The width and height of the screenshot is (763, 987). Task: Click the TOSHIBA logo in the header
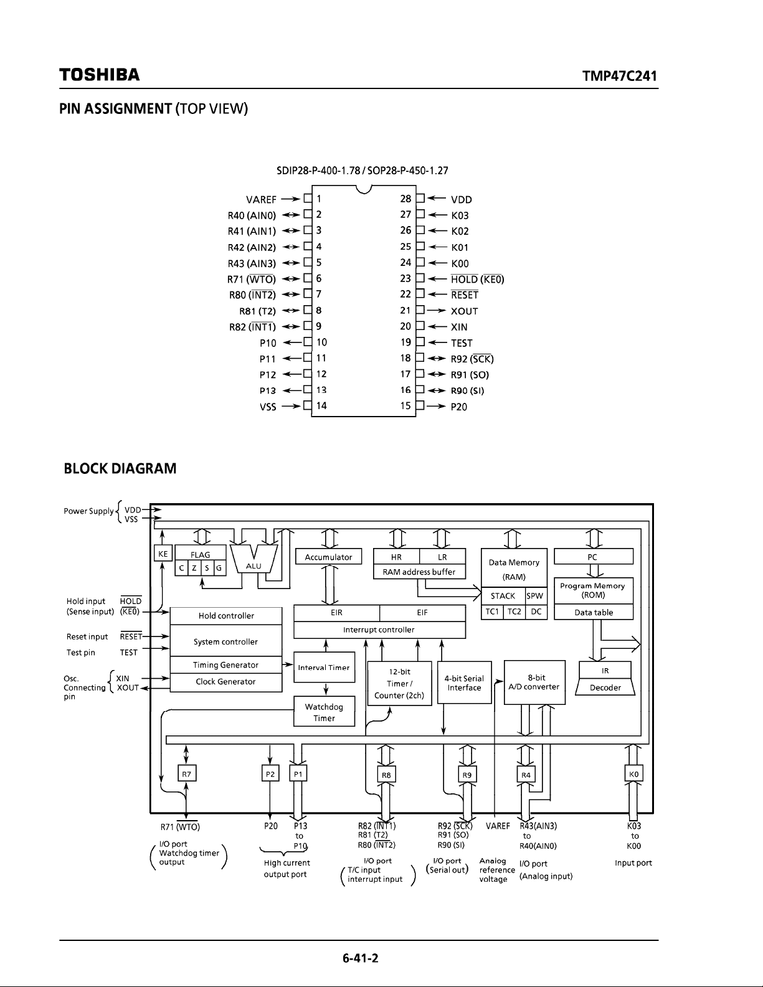pos(100,75)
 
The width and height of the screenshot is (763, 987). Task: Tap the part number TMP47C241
pos(620,75)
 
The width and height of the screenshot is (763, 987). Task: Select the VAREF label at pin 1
pos(261,199)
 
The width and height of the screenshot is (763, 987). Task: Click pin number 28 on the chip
pos(405,199)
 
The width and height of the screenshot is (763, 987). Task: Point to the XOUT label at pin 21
pos(464,311)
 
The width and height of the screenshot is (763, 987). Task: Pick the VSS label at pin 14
pos(268,407)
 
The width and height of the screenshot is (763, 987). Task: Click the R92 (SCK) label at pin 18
pos(472,359)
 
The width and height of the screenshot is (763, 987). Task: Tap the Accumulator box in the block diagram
pos(328,557)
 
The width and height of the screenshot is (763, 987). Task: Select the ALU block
pos(254,559)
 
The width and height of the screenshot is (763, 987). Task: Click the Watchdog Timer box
pos(324,712)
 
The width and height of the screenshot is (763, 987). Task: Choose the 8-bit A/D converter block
pos(534,682)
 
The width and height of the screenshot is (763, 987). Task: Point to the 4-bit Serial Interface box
pos(464,682)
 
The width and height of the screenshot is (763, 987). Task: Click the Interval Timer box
pos(324,667)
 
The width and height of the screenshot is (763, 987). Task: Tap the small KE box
pos(163,554)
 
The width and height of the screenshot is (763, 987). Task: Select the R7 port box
pos(186,774)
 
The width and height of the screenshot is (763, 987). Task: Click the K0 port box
pos(633,774)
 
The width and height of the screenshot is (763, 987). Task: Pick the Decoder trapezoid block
pos(605,687)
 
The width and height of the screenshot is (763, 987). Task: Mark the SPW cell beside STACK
pos(534,596)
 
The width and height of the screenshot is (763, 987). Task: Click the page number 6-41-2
pos(360,958)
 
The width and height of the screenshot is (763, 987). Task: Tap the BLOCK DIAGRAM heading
pos(120,468)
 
